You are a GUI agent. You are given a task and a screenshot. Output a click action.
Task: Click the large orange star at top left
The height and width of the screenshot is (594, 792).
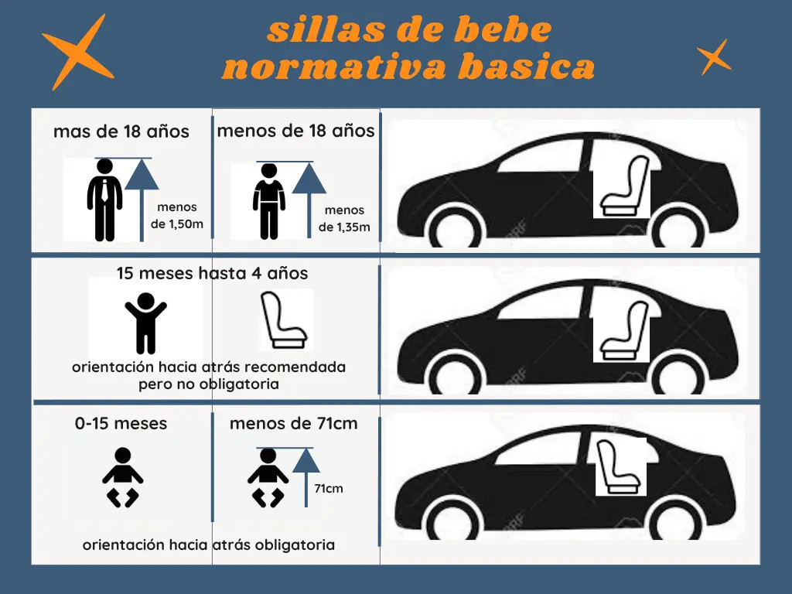click(77, 53)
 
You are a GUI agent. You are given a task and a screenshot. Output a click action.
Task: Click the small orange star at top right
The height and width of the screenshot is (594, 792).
click(713, 56)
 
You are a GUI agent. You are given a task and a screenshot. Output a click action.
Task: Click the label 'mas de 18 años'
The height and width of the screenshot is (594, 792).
click(121, 131)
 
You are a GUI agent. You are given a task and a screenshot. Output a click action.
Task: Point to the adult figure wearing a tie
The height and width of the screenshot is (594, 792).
click(104, 199)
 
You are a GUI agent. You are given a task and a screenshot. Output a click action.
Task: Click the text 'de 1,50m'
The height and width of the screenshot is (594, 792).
click(177, 224)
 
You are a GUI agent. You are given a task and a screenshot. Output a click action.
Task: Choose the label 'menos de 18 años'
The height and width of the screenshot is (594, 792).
click(295, 131)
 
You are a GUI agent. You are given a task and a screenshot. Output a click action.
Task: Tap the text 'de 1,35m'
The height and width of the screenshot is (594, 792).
click(344, 227)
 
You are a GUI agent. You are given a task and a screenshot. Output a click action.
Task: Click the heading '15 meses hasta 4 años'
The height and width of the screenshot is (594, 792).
click(212, 273)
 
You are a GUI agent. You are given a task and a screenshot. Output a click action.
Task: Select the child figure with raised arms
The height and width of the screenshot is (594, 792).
click(145, 323)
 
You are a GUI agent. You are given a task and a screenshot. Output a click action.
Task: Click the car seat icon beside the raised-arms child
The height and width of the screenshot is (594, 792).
click(286, 319)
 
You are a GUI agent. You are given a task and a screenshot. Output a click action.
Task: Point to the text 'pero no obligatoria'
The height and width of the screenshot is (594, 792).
click(209, 384)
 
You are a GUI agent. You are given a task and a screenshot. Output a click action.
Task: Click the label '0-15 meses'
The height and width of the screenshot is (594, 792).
click(121, 424)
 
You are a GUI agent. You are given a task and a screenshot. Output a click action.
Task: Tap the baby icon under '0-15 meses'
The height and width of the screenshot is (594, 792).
click(122, 477)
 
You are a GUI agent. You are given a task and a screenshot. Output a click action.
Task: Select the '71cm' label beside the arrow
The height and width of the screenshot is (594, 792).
click(329, 489)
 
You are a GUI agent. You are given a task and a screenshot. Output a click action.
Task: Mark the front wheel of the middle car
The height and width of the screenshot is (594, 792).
click(677, 375)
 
